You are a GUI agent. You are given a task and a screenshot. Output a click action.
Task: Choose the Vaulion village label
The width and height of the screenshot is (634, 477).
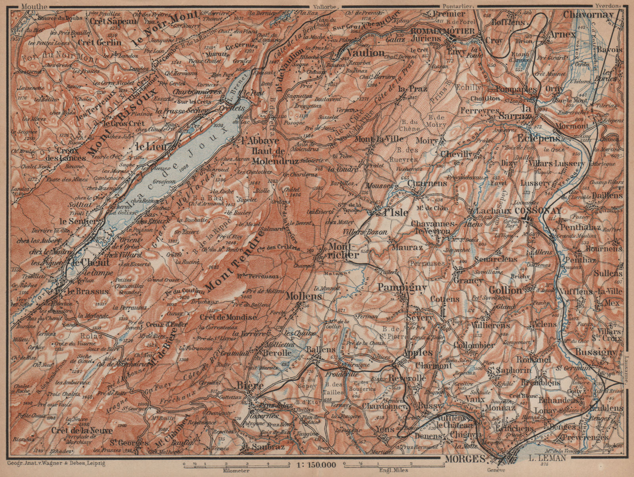pos(365,53)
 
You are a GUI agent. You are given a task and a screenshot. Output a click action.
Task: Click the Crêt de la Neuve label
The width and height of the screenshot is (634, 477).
pos(84,430)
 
